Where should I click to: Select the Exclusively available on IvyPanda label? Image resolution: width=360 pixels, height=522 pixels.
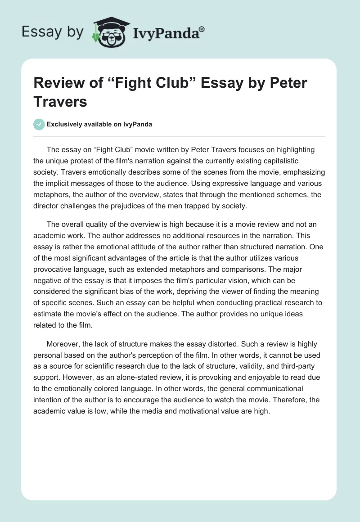99,125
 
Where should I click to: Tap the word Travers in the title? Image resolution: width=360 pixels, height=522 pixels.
60,102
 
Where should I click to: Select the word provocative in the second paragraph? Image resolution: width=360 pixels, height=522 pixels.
57,270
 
